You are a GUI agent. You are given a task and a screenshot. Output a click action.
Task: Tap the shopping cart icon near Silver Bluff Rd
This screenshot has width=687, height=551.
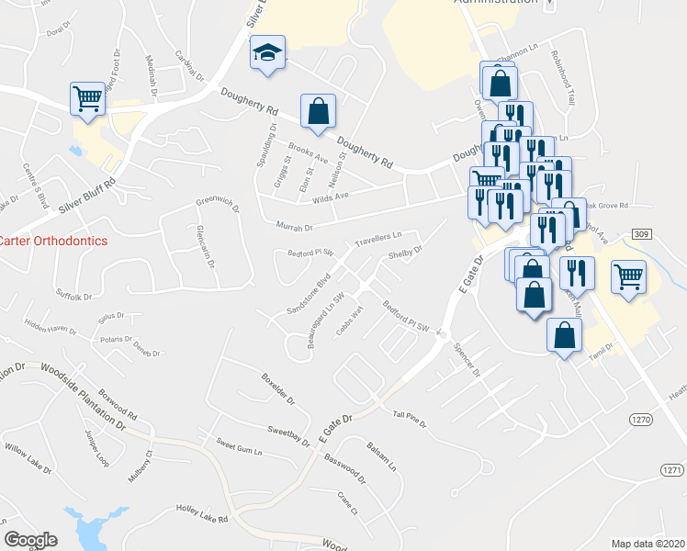[87, 97]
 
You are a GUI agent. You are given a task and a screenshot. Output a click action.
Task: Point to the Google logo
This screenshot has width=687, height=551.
[30, 540]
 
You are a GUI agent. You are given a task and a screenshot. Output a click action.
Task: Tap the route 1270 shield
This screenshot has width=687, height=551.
[641, 419]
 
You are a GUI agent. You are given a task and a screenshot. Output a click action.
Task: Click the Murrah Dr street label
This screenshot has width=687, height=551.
[295, 226]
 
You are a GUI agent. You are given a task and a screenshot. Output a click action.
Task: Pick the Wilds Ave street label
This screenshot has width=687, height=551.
[332, 197]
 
